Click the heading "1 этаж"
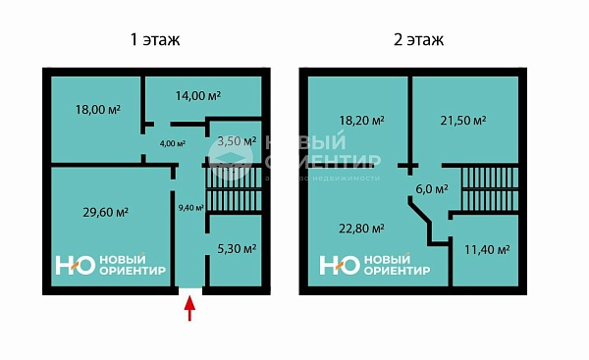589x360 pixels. (x=155, y=40)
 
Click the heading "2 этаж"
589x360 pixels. (x=417, y=40)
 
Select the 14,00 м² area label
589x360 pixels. (x=198, y=95)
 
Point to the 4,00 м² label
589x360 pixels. (x=173, y=144)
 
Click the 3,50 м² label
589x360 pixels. (x=236, y=141)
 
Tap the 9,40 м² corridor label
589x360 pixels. (x=191, y=207)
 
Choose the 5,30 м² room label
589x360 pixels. (x=236, y=249)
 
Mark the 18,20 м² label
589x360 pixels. (x=361, y=121)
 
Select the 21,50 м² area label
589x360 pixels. (x=464, y=121)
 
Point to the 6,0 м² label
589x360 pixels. (x=433, y=189)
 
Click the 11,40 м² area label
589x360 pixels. (x=486, y=249)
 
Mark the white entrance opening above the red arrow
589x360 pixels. (x=190, y=289)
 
